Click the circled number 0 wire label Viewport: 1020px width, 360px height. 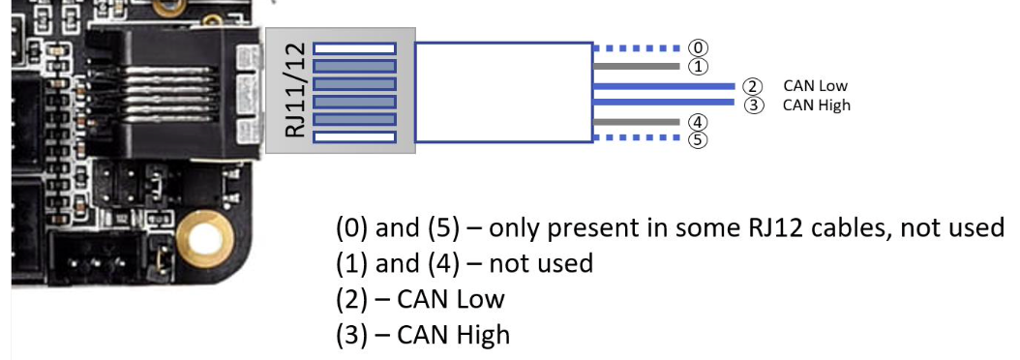tap(698, 47)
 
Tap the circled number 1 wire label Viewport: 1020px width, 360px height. tap(698, 67)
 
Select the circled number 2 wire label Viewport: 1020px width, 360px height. tap(752, 86)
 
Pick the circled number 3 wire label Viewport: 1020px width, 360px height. tap(753, 105)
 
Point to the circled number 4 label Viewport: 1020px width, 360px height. tap(698, 122)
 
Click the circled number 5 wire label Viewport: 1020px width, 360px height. tap(698, 140)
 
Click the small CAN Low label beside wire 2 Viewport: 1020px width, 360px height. tap(815, 86)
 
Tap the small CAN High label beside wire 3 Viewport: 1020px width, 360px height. tap(817, 105)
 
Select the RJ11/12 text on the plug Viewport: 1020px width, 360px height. tap(295, 91)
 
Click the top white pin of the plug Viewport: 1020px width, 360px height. tap(354, 48)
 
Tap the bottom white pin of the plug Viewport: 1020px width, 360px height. tap(354, 136)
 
